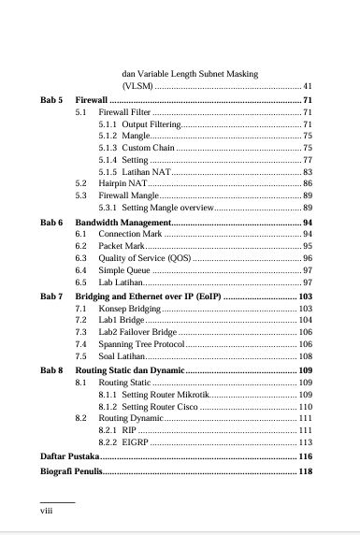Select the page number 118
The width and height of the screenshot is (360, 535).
coord(304,471)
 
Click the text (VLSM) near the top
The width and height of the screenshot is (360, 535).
coord(138,85)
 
